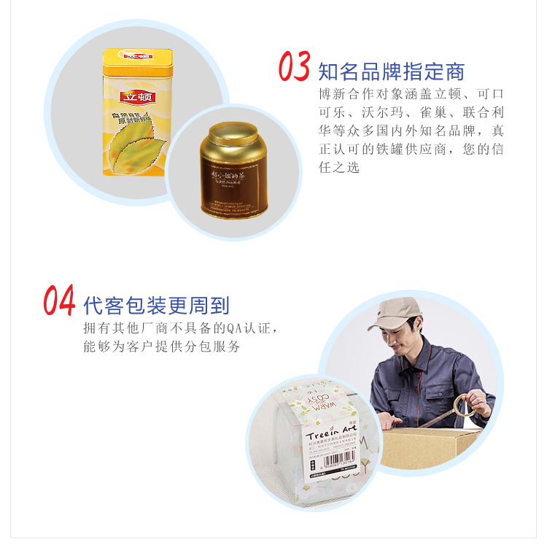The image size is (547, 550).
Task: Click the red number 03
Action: (295, 67)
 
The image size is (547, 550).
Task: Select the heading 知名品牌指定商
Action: (392, 71)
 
